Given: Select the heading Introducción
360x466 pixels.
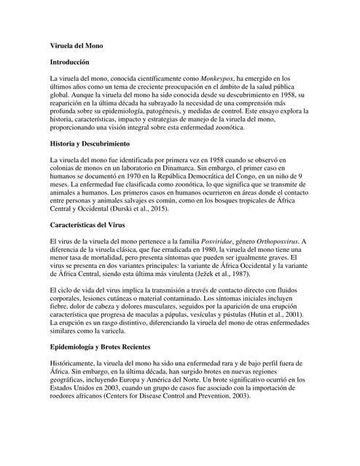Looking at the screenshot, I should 69,63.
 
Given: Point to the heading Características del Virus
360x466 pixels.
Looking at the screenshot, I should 91,225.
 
